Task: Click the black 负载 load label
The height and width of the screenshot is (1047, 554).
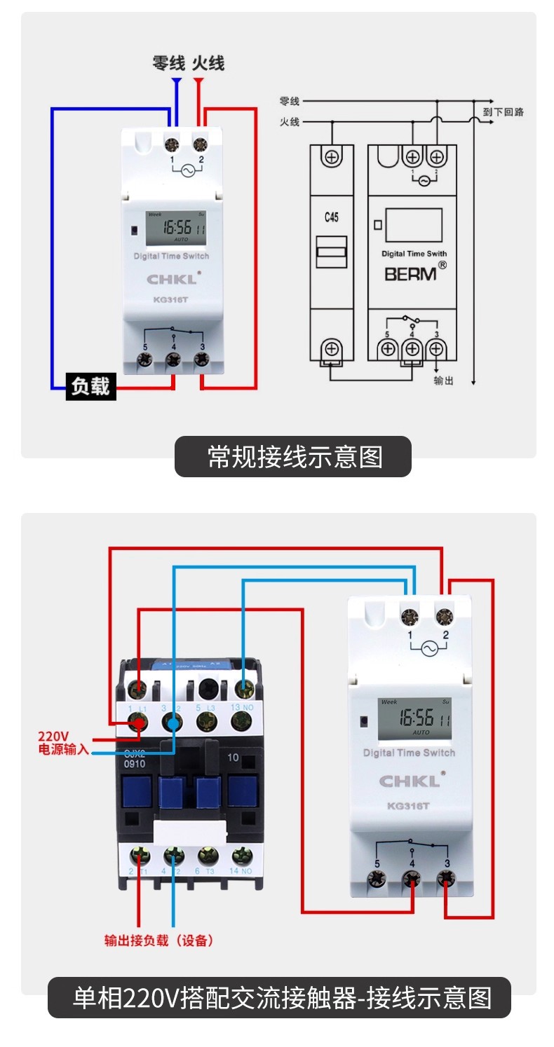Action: pyautogui.click(x=91, y=386)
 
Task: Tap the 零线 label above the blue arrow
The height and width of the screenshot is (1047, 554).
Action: pyautogui.click(x=169, y=63)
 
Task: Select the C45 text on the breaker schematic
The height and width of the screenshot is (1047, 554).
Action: pyautogui.click(x=332, y=218)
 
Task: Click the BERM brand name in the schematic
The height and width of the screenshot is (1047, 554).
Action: pyautogui.click(x=410, y=273)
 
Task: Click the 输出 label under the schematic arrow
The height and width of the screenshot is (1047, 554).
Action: pyautogui.click(x=443, y=381)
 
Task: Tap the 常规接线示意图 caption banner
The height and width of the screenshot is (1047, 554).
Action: pyautogui.click(x=292, y=457)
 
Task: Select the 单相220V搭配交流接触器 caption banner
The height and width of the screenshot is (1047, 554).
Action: pyautogui.click(x=279, y=997)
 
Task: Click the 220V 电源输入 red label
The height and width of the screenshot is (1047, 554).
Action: pyautogui.click(x=63, y=743)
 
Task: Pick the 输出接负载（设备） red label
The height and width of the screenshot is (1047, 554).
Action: pyautogui.click(x=158, y=940)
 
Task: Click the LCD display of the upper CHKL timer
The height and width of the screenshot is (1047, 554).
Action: pyautogui.click(x=175, y=228)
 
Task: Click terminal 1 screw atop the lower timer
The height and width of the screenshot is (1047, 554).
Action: pyautogui.click(x=410, y=617)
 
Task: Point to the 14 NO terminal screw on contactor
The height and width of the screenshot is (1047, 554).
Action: pyautogui.click(x=242, y=856)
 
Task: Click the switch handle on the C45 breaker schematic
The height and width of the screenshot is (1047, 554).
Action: pyautogui.click(x=332, y=252)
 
